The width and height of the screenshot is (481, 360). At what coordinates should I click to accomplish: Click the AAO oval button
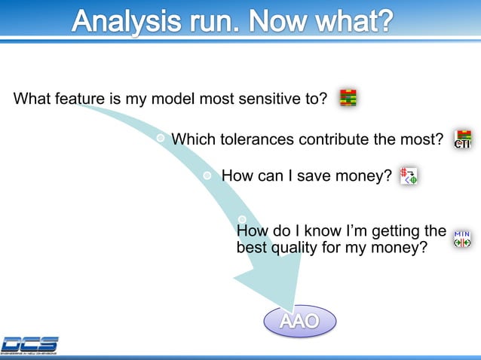(299, 322)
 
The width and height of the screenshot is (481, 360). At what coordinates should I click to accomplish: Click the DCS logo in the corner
(29, 344)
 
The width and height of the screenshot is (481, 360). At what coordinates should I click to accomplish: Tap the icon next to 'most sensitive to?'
(348, 98)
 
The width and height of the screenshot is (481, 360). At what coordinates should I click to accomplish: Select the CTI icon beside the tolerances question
(462, 139)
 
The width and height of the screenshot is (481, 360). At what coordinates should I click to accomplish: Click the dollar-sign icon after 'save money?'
(409, 175)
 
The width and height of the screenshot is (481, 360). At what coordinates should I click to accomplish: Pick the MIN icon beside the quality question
(461, 239)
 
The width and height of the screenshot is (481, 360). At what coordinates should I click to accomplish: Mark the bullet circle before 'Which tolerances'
(161, 139)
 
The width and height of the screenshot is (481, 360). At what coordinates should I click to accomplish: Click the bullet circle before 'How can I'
(209, 175)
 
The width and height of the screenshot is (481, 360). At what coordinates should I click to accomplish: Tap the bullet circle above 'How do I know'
(242, 219)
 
